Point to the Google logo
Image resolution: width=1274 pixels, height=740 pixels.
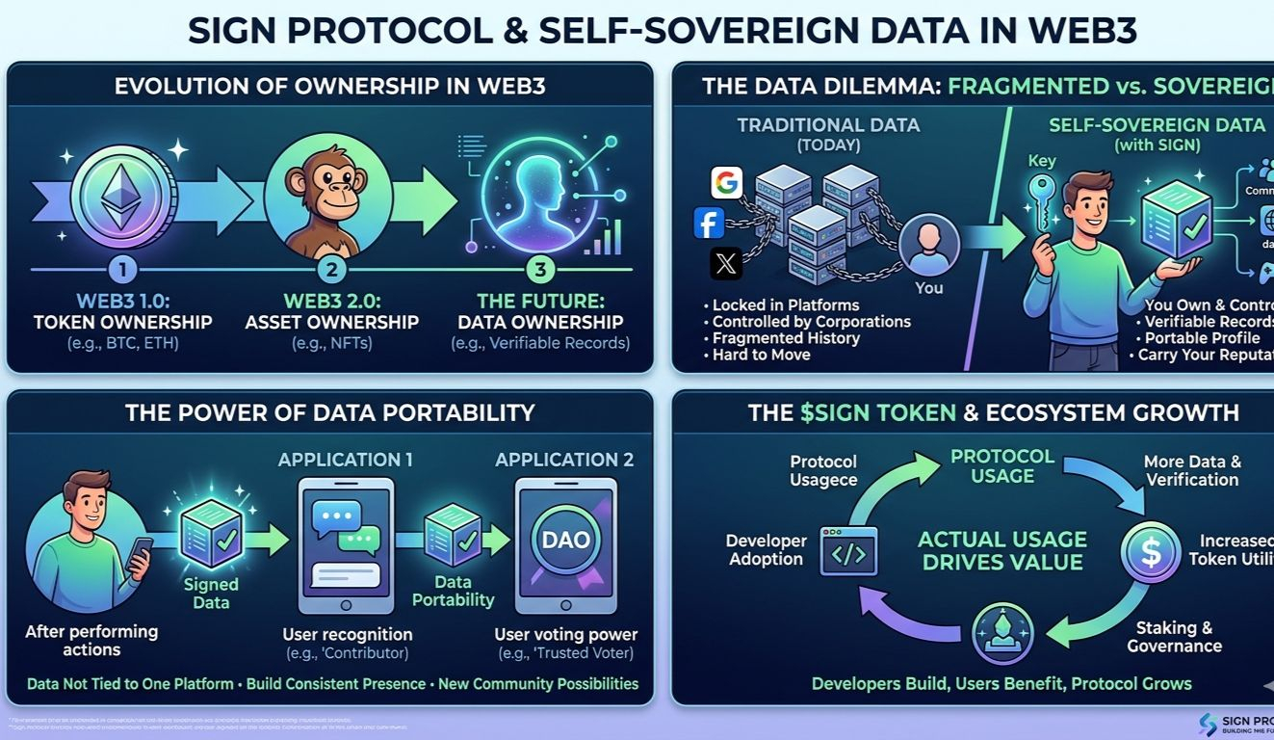point(726,182)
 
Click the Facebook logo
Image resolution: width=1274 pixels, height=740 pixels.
point(709,223)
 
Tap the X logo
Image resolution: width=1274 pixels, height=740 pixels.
point(726,262)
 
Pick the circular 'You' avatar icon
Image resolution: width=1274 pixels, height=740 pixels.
point(929,245)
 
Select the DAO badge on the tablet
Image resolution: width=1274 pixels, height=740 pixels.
point(565,540)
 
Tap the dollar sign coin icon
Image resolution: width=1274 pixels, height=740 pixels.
point(1149,551)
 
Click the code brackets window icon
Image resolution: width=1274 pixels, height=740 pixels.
point(848,551)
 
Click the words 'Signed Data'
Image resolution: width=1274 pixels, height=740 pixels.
point(211,593)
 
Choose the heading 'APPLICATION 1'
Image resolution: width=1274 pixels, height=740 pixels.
point(345,460)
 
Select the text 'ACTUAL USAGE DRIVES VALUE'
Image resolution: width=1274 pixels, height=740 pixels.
point(1002,550)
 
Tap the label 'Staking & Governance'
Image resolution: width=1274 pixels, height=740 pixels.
point(1174,637)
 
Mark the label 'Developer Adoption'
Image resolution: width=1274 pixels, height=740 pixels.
point(766,549)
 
